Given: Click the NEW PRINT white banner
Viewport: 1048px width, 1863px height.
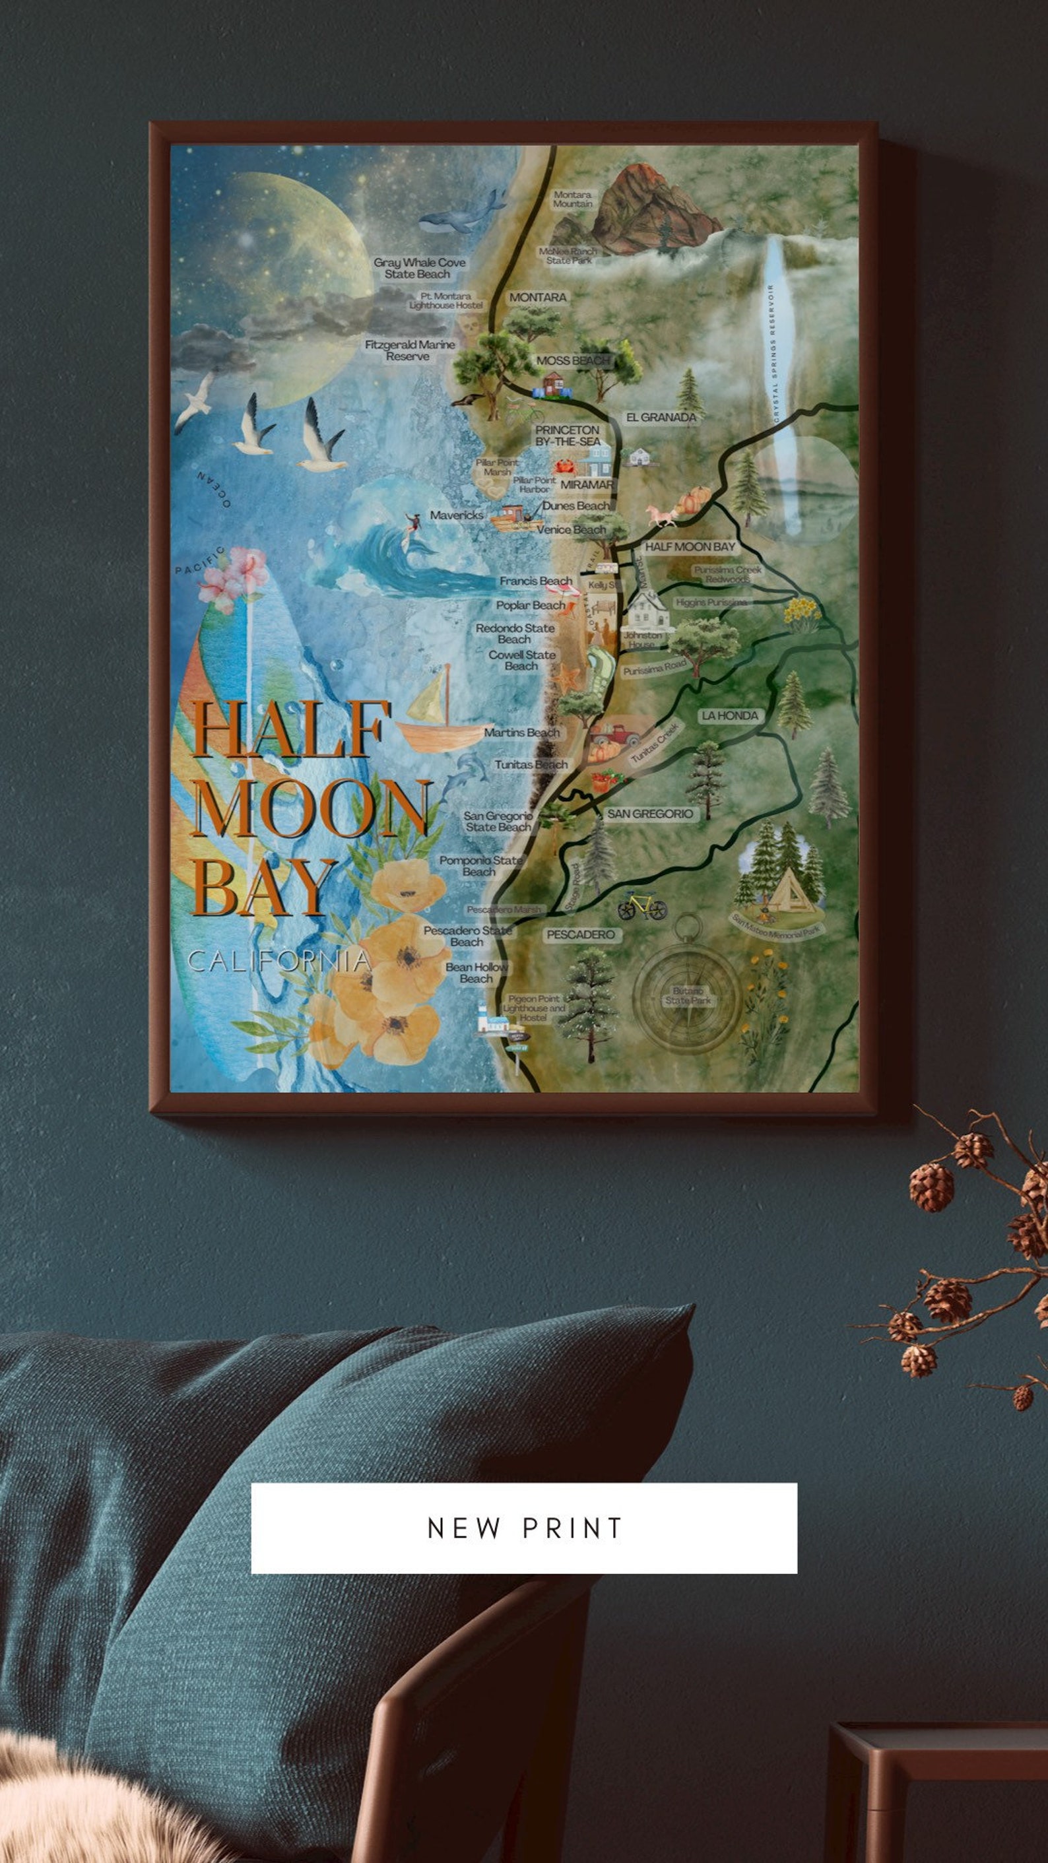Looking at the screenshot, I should [x=523, y=1528].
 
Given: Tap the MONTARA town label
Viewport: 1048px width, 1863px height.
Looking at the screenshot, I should [x=537, y=297].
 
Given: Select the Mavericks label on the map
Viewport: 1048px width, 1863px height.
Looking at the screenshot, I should [x=457, y=515].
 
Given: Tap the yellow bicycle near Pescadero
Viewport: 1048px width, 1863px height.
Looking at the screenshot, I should [x=641, y=905].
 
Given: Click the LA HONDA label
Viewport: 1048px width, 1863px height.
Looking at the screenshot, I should [x=730, y=715].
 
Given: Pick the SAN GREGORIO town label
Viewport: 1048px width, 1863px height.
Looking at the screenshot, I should [x=649, y=814].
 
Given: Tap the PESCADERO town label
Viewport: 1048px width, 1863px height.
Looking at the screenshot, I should [x=580, y=934].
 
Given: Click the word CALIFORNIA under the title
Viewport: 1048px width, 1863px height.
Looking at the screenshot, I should [x=279, y=961].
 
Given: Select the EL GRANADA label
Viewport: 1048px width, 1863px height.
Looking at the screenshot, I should [x=661, y=417].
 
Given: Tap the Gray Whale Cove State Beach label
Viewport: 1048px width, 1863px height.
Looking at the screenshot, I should [x=419, y=269].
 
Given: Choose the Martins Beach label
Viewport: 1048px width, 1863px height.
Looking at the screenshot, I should [x=521, y=733].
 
